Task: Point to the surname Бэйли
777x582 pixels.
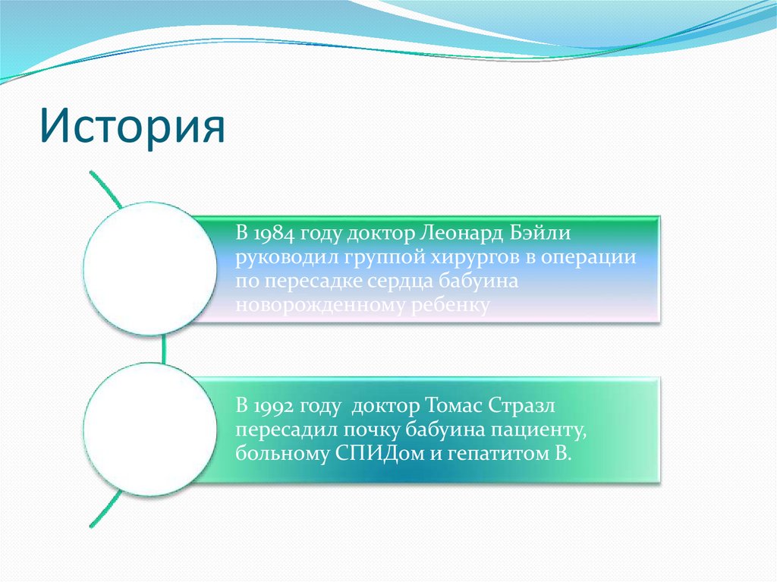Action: coord(540,232)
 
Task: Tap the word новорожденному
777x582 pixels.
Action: coord(320,305)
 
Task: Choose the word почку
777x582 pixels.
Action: coord(372,429)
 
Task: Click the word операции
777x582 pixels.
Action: coord(589,258)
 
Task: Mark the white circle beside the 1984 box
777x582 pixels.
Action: coord(150,269)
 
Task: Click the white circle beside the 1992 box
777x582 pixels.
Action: coord(150,429)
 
